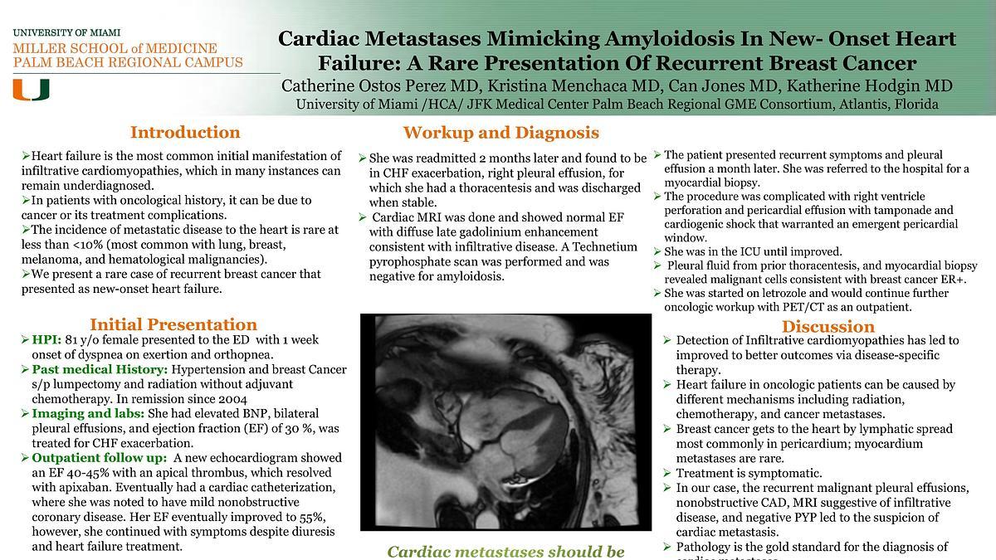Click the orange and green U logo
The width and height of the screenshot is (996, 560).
(x=31, y=90)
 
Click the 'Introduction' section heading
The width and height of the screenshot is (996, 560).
(x=185, y=133)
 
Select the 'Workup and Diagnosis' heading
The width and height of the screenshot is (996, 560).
(x=500, y=133)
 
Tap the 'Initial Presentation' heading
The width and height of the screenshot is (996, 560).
(x=173, y=324)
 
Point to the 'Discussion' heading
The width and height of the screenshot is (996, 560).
(x=828, y=326)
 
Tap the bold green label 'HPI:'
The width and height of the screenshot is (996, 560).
(x=46, y=340)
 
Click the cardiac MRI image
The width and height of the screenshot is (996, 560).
(x=505, y=421)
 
